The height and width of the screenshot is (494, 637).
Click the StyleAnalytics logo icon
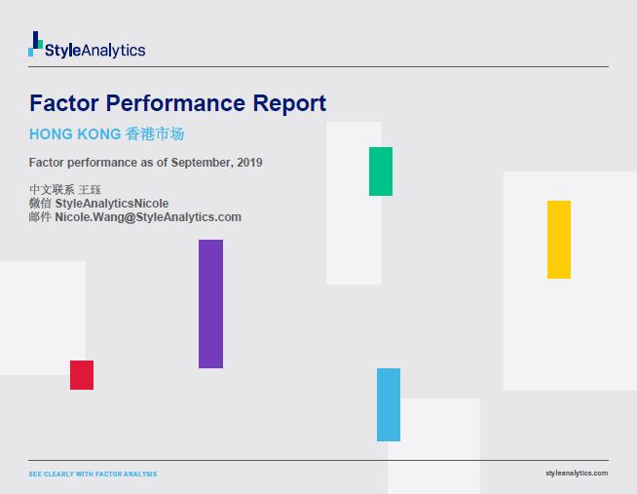tap(36, 44)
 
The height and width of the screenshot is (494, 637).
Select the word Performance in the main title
tap(172, 103)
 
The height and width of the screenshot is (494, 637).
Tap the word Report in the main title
tap(289, 103)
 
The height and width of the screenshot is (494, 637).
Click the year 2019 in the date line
tap(249, 163)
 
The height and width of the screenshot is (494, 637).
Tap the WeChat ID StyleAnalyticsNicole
tap(111, 204)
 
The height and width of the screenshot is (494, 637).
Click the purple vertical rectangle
tap(210, 304)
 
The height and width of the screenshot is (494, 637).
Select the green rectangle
tap(381, 171)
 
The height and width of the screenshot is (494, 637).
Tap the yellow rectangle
tap(559, 240)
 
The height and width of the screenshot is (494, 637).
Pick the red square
tap(82, 375)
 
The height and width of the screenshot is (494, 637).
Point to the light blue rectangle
tap(389, 404)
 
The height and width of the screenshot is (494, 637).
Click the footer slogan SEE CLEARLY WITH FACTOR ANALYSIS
tap(93, 475)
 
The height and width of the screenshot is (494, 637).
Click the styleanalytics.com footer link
tap(578, 473)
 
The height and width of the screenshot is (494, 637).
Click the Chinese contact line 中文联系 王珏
tap(65, 189)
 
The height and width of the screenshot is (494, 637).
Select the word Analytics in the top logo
tap(112, 51)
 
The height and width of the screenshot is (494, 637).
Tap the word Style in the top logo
tap(61, 51)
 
